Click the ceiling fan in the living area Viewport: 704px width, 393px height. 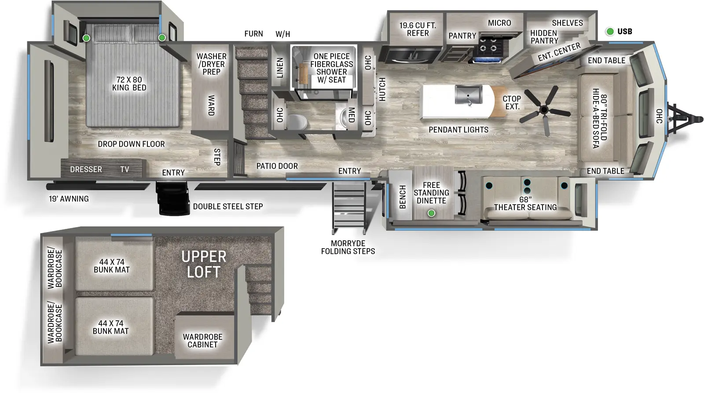[544, 109]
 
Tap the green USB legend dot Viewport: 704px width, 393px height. [610, 31]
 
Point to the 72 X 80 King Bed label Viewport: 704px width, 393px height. [129, 84]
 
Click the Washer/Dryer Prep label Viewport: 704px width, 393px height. [211, 64]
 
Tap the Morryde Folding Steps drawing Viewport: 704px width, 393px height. [349, 208]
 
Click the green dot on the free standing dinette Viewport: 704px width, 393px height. [432, 213]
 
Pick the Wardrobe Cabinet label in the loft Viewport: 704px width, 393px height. [202, 341]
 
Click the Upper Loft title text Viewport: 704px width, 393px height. [204, 264]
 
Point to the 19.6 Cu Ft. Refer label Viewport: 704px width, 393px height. [417, 29]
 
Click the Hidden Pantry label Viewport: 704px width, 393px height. [544, 37]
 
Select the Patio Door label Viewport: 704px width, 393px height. [277, 166]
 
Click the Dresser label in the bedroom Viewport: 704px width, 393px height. [86, 169]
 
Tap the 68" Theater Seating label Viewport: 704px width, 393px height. [525, 204]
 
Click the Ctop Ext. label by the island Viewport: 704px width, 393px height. [512, 103]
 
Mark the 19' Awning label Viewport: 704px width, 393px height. [69, 199]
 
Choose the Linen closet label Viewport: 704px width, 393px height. [280, 68]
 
